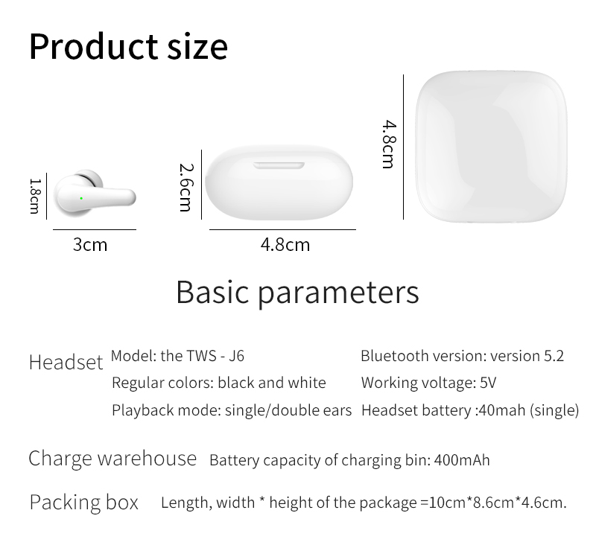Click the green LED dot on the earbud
(81, 198)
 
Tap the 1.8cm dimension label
(34, 197)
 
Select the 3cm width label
(90, 244)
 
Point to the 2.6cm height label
(187, 187)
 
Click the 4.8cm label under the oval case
(285, 244)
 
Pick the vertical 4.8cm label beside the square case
(389, 144)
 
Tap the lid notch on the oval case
(279, 165)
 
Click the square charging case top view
(491, 146)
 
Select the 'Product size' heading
(128, 47)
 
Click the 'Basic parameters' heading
(297, 293)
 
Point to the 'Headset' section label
(66, 362)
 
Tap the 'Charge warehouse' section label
(112, 459)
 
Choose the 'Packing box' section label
(84, 503)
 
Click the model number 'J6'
(236, 356)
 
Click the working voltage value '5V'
(488, 383)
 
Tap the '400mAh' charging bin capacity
(462, 460)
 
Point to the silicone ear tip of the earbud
(90, 178)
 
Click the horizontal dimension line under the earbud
(95, 229)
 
